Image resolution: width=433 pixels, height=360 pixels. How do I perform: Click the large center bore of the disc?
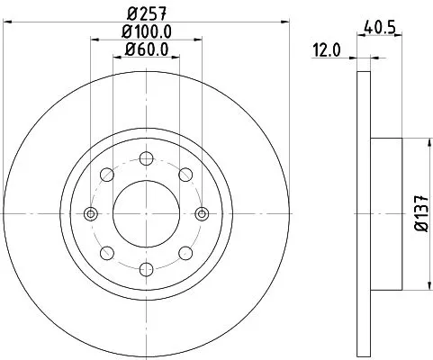pyautogui.click(x=145, y=213)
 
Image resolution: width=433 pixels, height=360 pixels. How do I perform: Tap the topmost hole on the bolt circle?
pyautogui.click(x=145, y=157)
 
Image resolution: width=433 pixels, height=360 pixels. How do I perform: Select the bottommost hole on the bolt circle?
pyautogui.click(x=145, y=269)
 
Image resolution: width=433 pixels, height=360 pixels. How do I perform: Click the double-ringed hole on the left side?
pyautogui.click(x=90, y=213)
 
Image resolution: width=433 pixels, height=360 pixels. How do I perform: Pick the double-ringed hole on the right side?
pyautogui.click(x=201, y=213)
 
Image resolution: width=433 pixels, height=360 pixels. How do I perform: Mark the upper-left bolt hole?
pyautogui.click(x=106, y=174)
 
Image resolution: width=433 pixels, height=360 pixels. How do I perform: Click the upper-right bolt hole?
pyautogui.click(x=185, y=174)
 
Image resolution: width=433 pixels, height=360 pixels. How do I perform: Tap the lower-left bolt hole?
pyautogui.click(x=106, y=253)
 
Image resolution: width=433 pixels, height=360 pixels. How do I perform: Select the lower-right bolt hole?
pyautogui.click(x=185, y=253)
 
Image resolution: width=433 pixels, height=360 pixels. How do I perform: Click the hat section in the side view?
pyautogui.click(x=385, y=213)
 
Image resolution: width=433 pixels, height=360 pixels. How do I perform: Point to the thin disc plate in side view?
pyautogui.click(x=363, y=213)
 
